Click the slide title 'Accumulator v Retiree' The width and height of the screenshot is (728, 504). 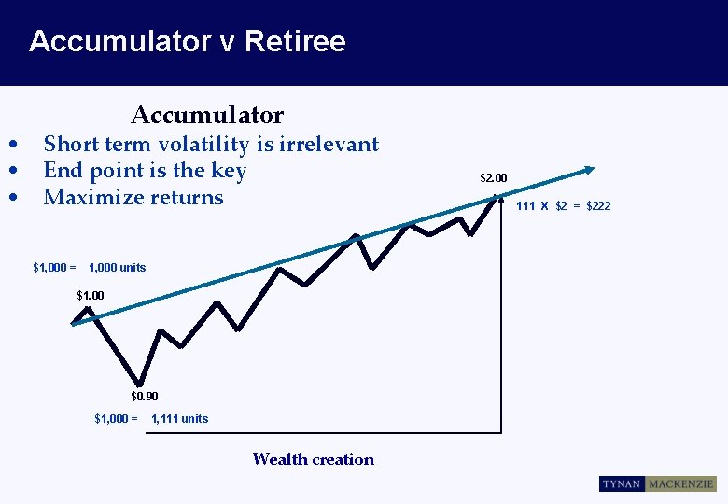187,41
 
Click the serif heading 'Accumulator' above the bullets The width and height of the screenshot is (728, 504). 207,115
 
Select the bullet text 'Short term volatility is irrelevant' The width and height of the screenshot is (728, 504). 211,144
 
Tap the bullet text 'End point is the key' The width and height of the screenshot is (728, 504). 145,170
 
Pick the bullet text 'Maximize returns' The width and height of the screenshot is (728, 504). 133,197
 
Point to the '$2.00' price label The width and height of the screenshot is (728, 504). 493,177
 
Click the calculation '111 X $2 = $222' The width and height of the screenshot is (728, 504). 564,205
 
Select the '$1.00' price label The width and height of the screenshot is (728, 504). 91,296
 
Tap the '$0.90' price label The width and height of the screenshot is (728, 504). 144,397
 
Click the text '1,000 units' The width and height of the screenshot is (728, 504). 118,268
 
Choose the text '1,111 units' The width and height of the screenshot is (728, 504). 180,419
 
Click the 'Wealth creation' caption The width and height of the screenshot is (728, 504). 313,459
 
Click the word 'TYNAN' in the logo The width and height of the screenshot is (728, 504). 622,484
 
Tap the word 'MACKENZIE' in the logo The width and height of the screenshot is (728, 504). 680,484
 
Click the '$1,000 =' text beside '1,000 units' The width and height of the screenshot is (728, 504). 54,268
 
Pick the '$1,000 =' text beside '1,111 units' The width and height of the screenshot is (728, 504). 116,419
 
